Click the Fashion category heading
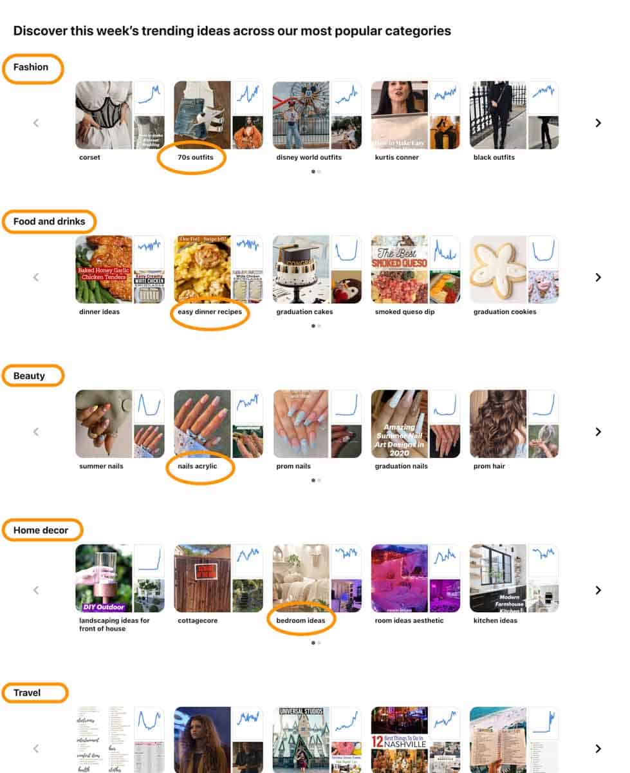click(x=31, y=67)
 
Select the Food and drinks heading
click(x=49, y=222)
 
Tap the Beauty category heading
click(x=29, y=376)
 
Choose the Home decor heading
click(x=41, y=531)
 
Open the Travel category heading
click(x=27, y=693)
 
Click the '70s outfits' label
click(x=195, y=157)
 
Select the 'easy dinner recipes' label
click(x=210, y=312)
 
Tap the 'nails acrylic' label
click(x=197, y=466)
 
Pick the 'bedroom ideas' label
click(x=301, y=621)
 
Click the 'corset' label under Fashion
click(x=89, y=157)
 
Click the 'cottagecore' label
click(x=198, y=621)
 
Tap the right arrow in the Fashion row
click(x=598, y=122)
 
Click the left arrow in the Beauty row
click(x=36, y=432)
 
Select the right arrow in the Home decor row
click(x=598, y=590)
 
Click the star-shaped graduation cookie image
click(x=498, y=269)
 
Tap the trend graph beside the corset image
click(x=149, y=97)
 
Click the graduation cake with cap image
click(x=301, y=269)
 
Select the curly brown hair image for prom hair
click(x=498, y=424)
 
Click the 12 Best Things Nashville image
click(x=399, y=740)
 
